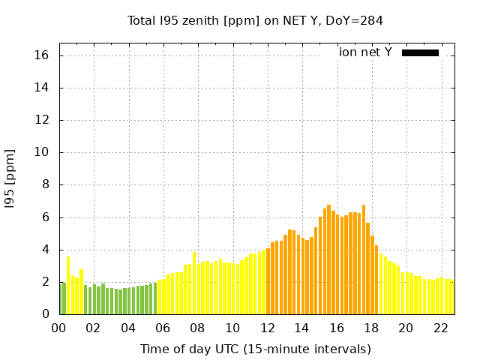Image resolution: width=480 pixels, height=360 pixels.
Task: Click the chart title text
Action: [255, 20]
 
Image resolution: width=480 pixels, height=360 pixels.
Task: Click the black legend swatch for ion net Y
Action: [420, 52]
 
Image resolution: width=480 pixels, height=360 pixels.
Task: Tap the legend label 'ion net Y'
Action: [365, 52]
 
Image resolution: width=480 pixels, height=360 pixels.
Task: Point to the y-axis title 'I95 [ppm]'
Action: [10, 178]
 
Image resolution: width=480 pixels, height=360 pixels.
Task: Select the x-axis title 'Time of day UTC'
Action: [255, 349]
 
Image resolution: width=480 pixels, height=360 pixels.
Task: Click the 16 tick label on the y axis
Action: [42, 55]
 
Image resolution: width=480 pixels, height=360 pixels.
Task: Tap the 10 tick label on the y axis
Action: [42, 152]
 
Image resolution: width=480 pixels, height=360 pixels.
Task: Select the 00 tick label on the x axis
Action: [58, 328]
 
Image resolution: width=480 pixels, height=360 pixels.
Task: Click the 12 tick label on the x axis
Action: [267, 328]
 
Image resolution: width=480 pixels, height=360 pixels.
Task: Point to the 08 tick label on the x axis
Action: [197, 328]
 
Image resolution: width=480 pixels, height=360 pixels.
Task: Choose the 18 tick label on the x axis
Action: [371, 328]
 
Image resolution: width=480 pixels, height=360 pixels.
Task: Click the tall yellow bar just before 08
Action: [194, 283]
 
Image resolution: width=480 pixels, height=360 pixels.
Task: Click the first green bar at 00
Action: [60, 298]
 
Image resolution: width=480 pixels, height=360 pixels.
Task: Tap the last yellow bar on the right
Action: [451, 297]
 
